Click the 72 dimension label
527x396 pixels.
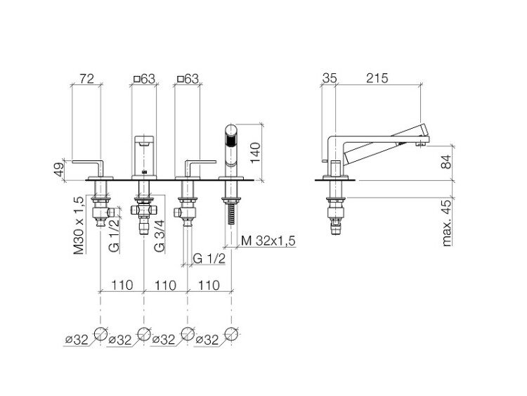click(86, 79)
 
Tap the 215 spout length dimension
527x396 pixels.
click(377, 78)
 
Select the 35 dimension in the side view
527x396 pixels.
click(330, 78)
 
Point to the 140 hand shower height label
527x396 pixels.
click(255, 153)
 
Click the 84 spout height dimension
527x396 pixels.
click(447, 162)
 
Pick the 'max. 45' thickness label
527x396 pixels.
click(447, 223)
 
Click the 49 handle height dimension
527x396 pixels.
click(60, 170)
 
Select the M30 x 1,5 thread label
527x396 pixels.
click(79, 225)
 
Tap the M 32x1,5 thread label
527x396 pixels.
click(268, 241)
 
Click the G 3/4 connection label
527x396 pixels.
click(160, 236)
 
